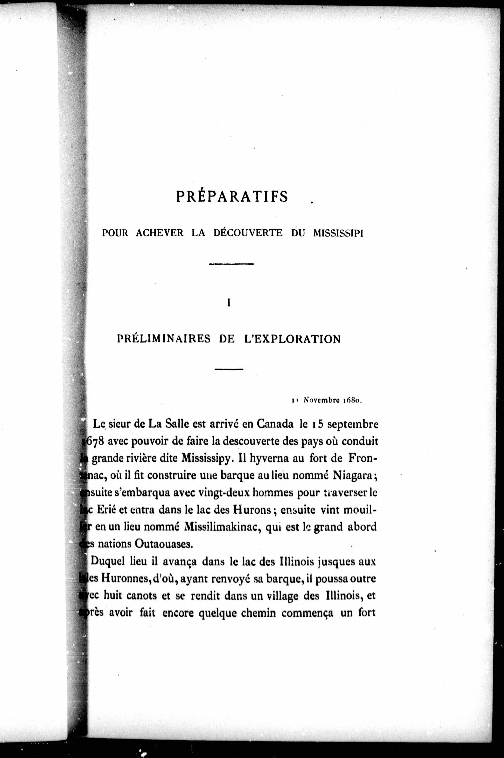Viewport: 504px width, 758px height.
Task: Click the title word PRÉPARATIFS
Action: click(x=232, y=197)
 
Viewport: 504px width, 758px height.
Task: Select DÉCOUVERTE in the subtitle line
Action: click(x=248, y=233)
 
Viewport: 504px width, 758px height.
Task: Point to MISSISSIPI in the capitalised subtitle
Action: click(x=338, y=233)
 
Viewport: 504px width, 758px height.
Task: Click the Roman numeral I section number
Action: click(x=229, y=303)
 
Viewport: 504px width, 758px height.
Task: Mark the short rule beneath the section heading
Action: click(x=229, y=369)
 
